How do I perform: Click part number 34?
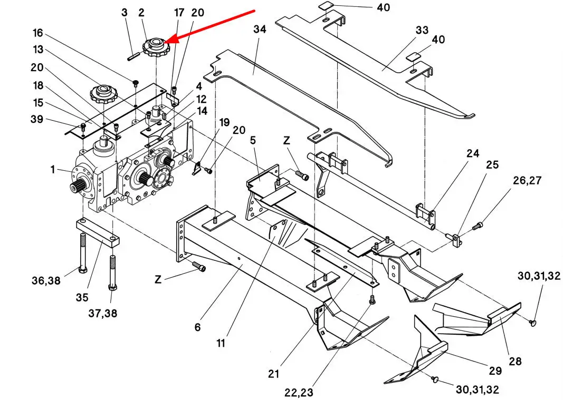[260, 29]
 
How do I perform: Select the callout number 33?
[422, 30]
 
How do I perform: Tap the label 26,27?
[527, 180]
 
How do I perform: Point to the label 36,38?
[46, 280]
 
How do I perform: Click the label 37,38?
[103, 313]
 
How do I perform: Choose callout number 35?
[82, 297]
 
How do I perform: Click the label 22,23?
[299, 393]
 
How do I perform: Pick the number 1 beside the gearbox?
[53, 169]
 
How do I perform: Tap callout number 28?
[515, 361]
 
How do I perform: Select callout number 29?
[495, 370]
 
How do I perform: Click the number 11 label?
[221, 343]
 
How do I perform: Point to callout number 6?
[197, 327]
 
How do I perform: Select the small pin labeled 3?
[134, 57]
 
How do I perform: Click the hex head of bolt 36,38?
[82, 270]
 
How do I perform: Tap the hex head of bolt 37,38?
[112, 287]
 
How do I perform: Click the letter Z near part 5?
[286, 140]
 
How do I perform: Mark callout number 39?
[36, 119]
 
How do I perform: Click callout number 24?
[473, 153]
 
